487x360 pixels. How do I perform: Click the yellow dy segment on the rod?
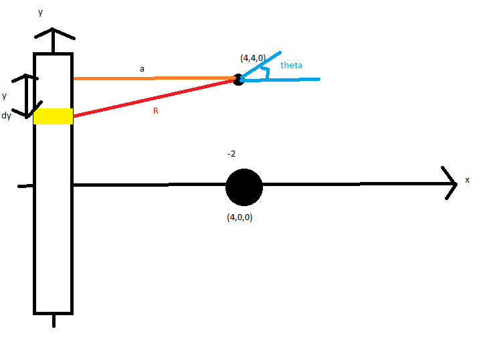pos(53,116)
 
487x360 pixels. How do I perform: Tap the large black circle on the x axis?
pos(243,187)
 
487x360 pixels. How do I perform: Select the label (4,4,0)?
pos(253,58)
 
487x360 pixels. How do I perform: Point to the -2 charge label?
pos(231,154)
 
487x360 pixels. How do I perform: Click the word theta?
pos(292,65)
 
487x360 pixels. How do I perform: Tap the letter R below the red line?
pos(155,111)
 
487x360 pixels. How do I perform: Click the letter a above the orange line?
pos(142,68)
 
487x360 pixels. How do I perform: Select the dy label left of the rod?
pos(7,116)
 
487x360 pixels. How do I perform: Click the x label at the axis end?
pos(467,181)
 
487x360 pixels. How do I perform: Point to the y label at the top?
pos(40,12)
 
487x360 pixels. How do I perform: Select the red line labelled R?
pos(154,98)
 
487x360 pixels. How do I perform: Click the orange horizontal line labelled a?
pos(154,78)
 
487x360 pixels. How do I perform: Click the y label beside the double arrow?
pos(5,96)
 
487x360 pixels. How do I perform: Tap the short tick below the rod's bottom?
pos(53,321)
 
